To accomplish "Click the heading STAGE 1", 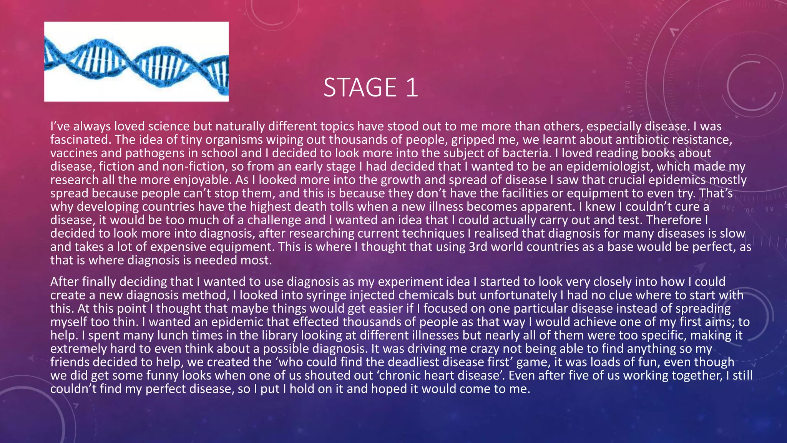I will tap(370, 88).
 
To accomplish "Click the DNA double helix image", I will tap(136, 62).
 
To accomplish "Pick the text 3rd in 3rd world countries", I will tap(478, 247).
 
